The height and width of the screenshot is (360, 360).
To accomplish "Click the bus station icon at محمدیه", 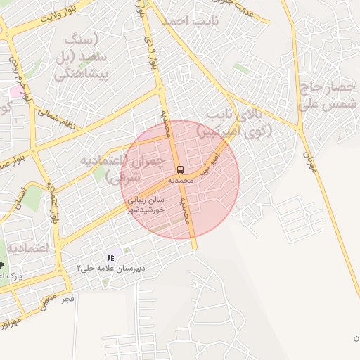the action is pos(181,169).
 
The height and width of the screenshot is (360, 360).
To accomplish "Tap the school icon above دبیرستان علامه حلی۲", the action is pos(110,258).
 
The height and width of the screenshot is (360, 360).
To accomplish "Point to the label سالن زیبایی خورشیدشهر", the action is pos(146,204).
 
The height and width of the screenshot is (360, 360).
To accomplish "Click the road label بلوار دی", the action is pos(150,53).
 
